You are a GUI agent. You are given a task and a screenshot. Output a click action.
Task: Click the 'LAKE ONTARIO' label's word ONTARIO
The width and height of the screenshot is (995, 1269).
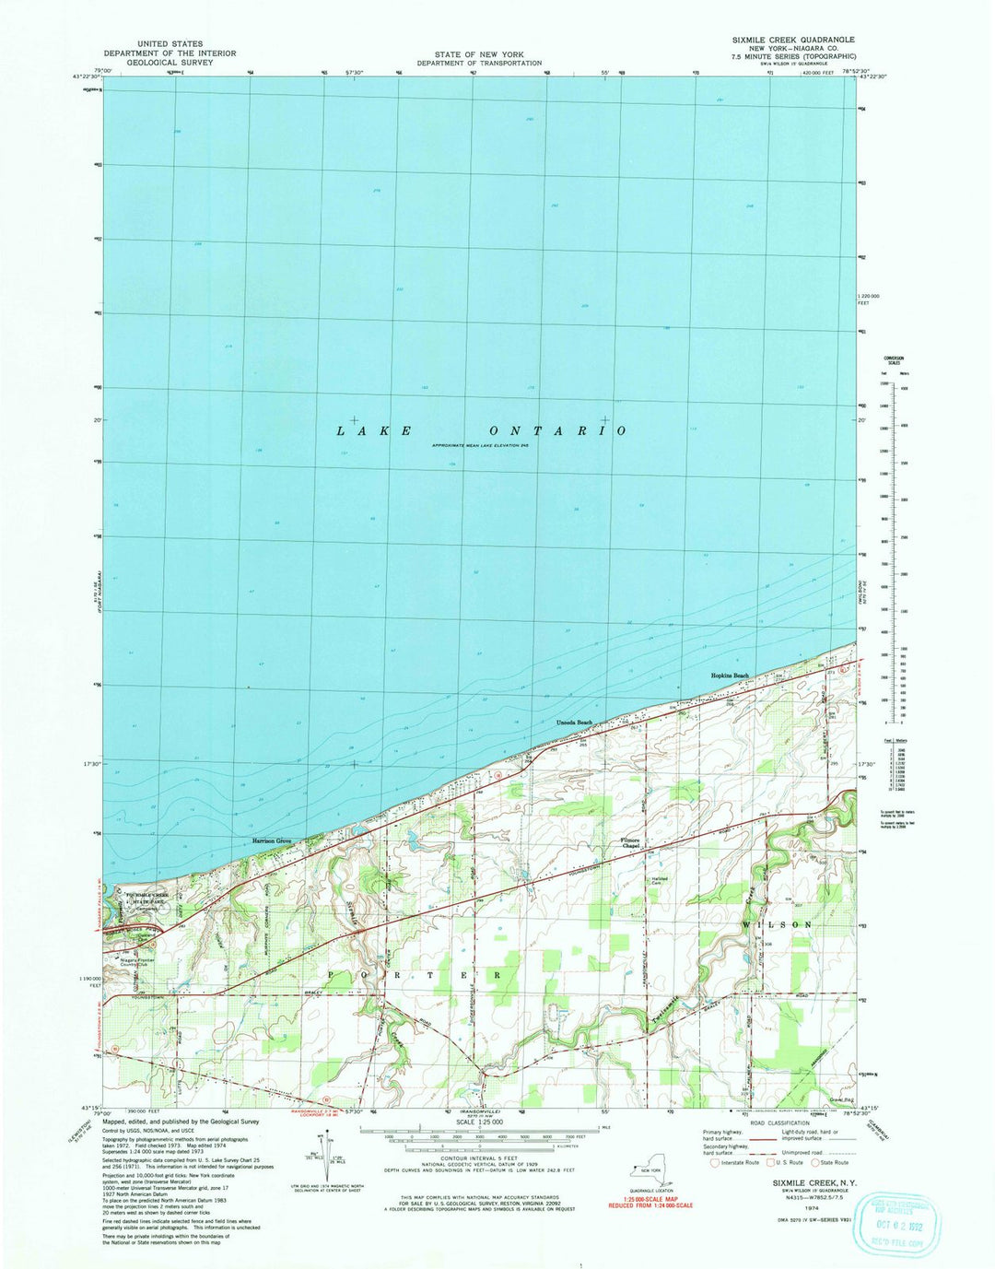click(558, 431)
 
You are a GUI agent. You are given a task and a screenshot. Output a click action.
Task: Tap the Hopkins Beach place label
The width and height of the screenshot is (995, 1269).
click(730, 676)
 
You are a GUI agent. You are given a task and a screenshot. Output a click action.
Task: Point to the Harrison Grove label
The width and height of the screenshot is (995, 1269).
click(272, 841)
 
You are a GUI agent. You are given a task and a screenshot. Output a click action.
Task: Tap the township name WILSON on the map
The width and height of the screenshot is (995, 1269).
click(778, 924)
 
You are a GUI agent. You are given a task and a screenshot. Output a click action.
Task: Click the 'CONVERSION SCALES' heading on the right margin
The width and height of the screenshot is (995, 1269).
click(894, 360)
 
